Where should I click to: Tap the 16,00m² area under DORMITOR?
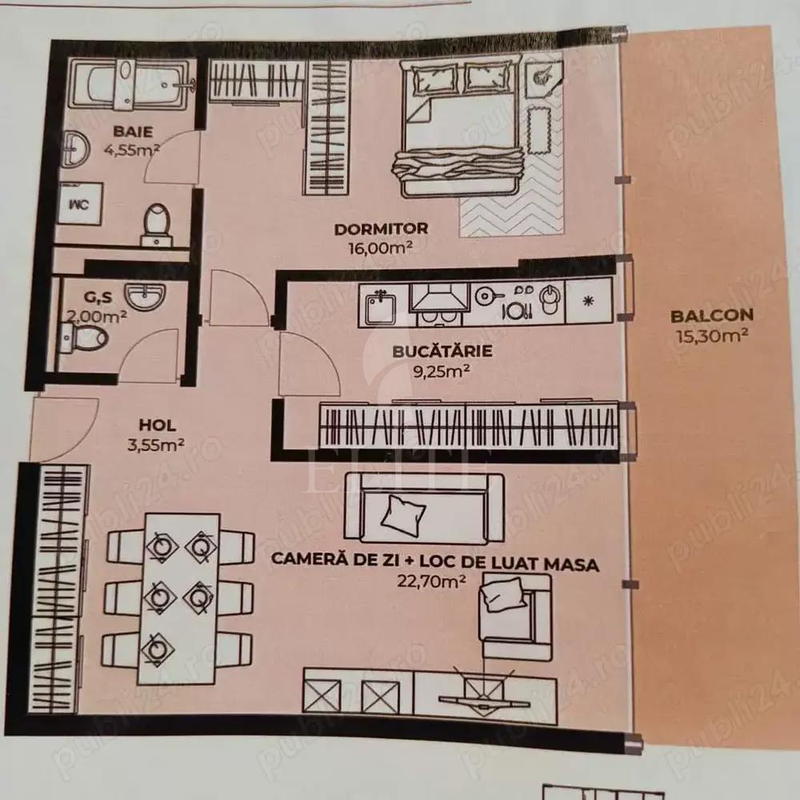381,247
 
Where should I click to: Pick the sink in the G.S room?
145,298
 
